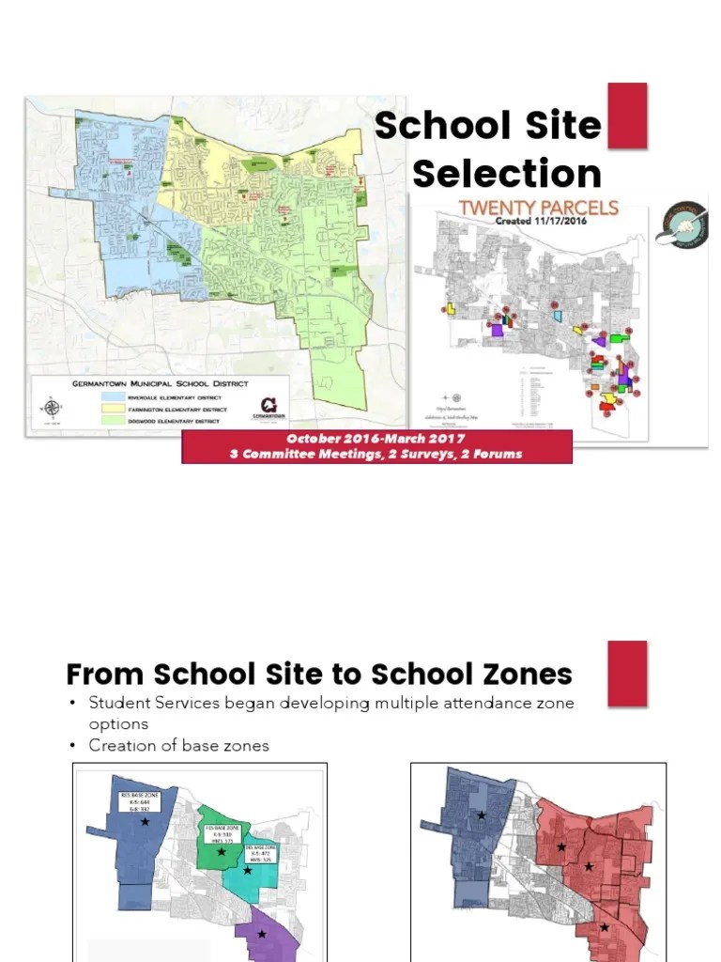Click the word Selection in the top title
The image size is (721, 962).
pos(507,174)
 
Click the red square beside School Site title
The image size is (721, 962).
pos(627,115)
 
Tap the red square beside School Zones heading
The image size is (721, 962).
pos(627,673)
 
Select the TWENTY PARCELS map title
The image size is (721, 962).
pos(538,208)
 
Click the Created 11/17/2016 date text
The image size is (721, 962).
pos(538,222)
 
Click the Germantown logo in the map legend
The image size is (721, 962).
pos(269,406)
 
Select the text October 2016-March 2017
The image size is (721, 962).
pos(376,439)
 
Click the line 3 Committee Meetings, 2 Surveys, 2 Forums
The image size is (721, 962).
pos(376,454)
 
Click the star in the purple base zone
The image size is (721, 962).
pos(262,933)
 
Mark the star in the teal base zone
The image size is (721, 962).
pos(248,870)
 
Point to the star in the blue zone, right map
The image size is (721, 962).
pos(482,815)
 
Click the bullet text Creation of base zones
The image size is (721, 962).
pos(178,745)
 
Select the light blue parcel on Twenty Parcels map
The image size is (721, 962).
pos(558,317)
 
